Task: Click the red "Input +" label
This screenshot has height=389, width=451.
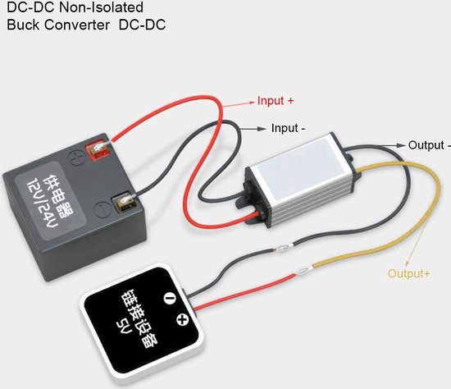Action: click(x=276, y=101)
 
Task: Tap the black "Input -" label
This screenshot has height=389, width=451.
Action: click(x=288, y=128)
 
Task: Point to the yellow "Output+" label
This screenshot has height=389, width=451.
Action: click(x=408, y=273)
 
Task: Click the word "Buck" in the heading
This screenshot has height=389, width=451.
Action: click(x=23, y=25)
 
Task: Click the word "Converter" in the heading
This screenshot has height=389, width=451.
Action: click(x=77, y=25)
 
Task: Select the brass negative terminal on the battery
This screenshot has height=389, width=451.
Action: click(x=125, y=202)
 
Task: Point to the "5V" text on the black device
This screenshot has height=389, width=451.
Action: click(x=124, y=326)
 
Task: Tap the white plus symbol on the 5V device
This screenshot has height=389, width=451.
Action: click(x=182, y=319)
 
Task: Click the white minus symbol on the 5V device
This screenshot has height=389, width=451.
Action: click(x=169, y=298)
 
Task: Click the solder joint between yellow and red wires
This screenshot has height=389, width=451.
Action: click(x=303, y=270)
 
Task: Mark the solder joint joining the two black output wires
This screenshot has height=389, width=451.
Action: click(x=282, y=247)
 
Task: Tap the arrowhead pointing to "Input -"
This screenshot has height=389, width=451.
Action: click(x=262, y=129)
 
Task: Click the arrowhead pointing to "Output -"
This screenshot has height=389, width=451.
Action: click(x=400, y=145)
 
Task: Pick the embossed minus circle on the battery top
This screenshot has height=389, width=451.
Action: click(x=102, y=210)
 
